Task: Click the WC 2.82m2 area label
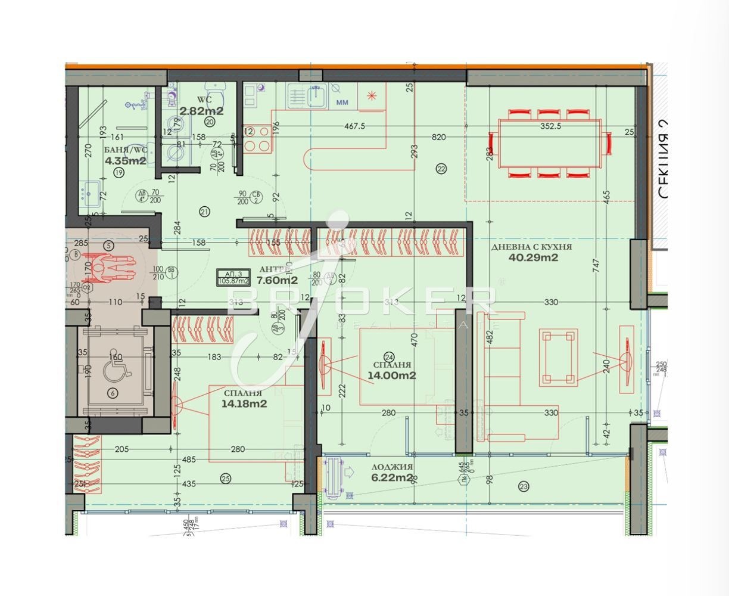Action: [x=201, y=111]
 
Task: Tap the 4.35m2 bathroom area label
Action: [x=125, y=160]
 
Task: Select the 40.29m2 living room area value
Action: [x=533, y=258]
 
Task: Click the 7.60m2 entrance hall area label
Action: [x=277, y=280]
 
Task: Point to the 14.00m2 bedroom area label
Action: [x=391, y=375]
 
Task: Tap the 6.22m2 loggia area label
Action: [x=391, y=478]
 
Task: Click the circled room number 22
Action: [x=441, y=169]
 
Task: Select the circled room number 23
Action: [x=524, y=486]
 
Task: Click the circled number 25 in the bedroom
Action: [x=225, y=477]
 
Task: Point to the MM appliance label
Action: [x=342, y=103]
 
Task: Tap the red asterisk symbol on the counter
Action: [x=372, y=95]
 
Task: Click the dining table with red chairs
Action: [x=550, y=143]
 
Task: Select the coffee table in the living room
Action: [x=559, y=357]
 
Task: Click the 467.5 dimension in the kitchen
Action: [x=354, y=126]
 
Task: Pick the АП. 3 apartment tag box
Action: [x=234, y=278]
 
